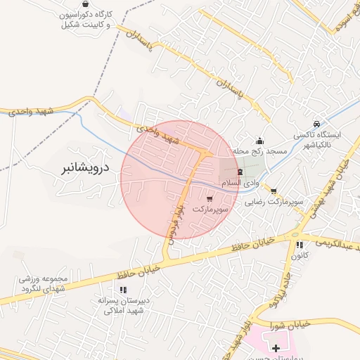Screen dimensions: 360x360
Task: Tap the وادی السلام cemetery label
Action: (239, 183)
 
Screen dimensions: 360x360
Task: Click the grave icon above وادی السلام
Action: (239, 172)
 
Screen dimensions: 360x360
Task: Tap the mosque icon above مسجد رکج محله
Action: (259, 140)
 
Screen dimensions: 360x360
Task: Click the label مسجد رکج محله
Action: (260, 151)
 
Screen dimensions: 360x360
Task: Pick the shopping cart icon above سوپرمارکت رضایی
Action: (274, 191)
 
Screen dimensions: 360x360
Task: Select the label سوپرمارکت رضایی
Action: (274, 202)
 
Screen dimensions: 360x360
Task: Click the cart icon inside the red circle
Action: (210, 199)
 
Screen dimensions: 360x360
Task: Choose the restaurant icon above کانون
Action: (300, 245)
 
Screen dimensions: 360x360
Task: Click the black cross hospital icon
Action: (276, 348)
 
